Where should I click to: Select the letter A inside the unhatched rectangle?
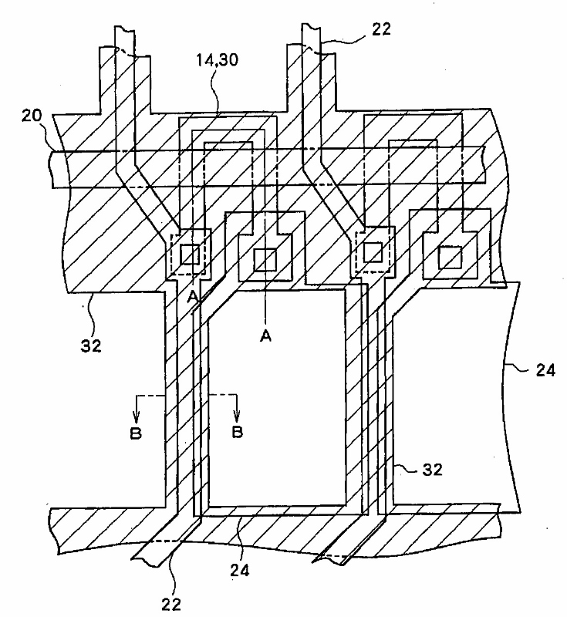(x=264, y=335)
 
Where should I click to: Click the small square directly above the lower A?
(x=264, y=260)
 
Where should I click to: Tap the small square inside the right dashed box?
(x=373, y=251)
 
